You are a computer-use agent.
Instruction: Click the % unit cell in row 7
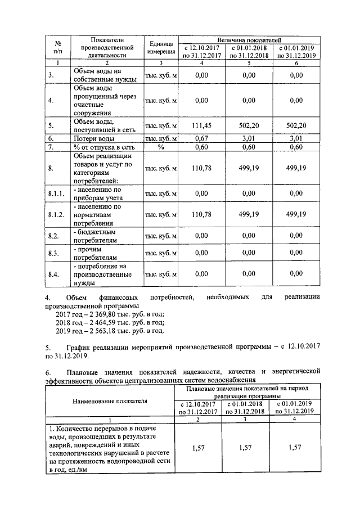coord(161,147)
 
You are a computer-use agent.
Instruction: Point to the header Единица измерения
coord(161,47)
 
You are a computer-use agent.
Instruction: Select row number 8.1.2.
coord(56,214)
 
